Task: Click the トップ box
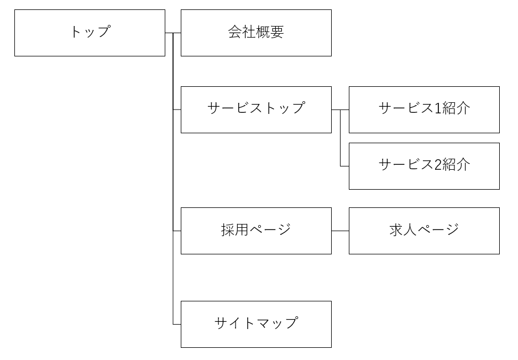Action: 90,33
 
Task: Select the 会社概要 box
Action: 256,33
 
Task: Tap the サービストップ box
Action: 256,109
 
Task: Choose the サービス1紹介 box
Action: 424,109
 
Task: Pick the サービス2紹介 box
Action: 424,166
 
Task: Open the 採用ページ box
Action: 256,231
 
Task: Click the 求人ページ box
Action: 424,231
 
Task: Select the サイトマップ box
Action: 256,324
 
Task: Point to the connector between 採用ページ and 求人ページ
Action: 340,231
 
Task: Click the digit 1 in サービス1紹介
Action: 438,108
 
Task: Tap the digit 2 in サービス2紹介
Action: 438,165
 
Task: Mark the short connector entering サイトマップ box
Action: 177,324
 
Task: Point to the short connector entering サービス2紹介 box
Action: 344,166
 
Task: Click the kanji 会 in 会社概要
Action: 235,32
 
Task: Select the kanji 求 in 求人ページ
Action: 396,229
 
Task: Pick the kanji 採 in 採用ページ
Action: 228,229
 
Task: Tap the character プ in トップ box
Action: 103,32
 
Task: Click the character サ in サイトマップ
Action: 221,323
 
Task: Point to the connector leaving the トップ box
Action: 169,33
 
